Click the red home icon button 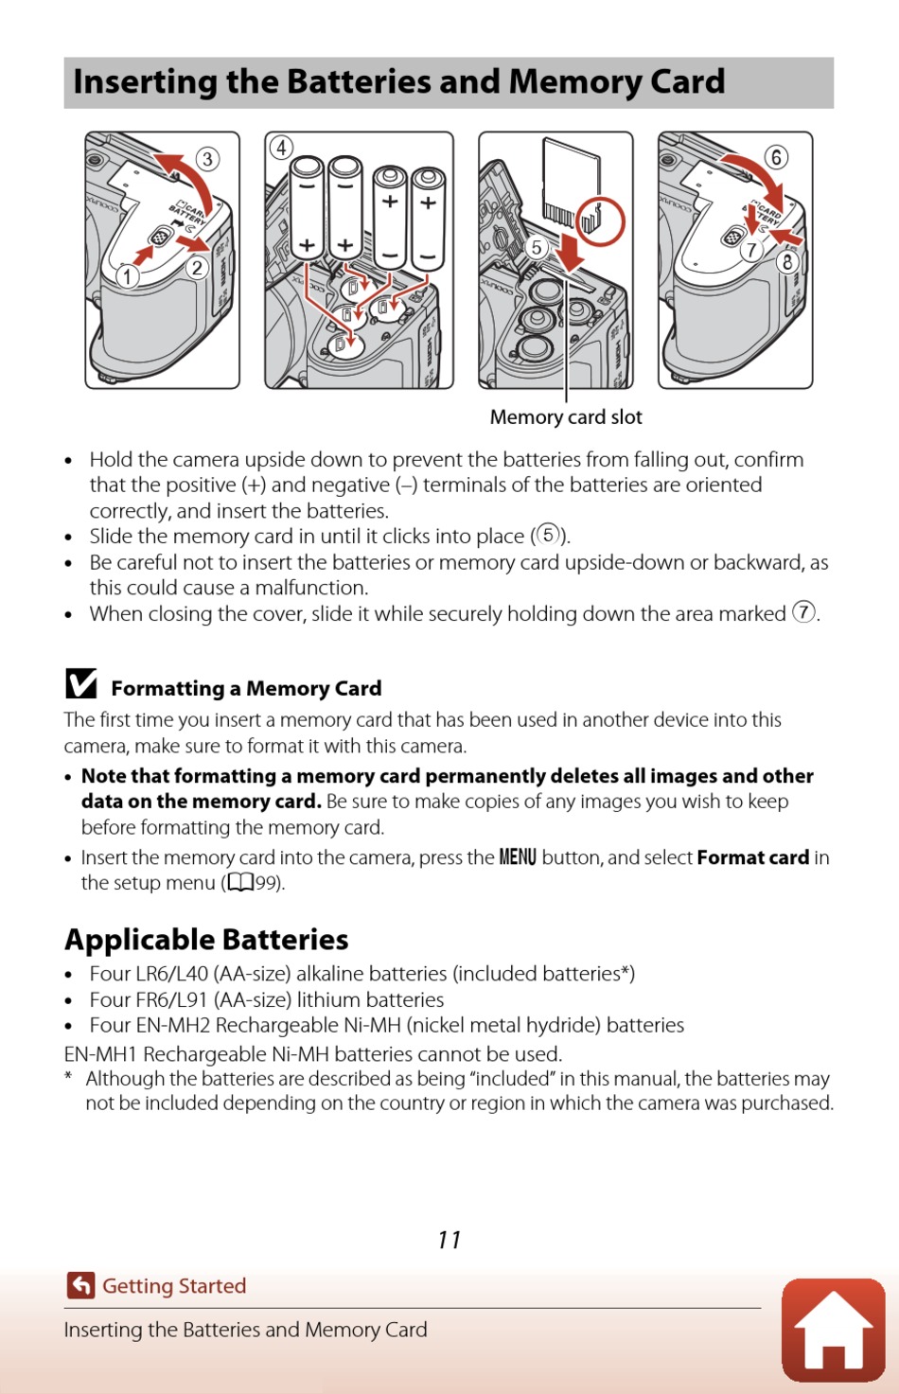tap(833, 1330)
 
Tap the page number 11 tap(449, 1240)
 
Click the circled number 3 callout tap(207, 158)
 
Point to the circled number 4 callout tap(281, 148)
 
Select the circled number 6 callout tap(775, 157)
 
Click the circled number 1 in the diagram tap(128, 275)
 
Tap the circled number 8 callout tap(786, 261)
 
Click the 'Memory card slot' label tap(566, 417)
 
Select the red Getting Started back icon tap(81, 1285)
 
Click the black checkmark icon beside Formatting tap(81, 683)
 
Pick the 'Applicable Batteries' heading tap(206, 940)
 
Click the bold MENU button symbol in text tap(518, 857)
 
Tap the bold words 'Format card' tap(752, 857)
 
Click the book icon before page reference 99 tap(240, 883)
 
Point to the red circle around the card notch tap(601, 221)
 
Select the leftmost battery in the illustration tap(308, 208)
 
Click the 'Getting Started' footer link tap(174, 1286)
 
